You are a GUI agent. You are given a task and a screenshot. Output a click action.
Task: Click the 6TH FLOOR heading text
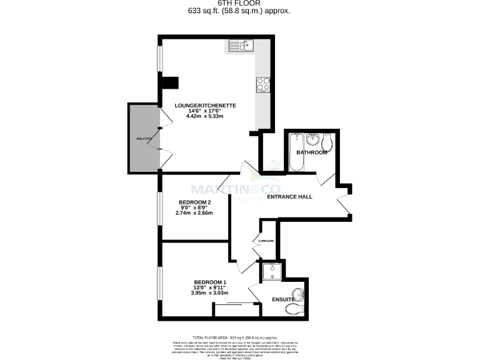[239, 3]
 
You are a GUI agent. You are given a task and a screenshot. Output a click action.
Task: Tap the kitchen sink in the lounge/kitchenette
[239, 45]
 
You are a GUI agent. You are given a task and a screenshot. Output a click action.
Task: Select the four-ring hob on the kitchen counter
[262, 84]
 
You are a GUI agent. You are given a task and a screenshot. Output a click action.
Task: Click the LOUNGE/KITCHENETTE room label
[197, 106]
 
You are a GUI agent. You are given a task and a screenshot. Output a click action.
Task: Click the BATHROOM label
[312, 152]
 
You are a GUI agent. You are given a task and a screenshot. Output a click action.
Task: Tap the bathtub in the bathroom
[295, 152]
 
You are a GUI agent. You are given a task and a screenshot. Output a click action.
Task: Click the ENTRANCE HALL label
[289, 197]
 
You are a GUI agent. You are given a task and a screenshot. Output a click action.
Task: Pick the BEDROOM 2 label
[195, 202]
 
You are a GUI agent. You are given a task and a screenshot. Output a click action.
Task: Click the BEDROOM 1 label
[210, 282]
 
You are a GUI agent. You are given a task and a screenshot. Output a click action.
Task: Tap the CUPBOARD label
[266, 241]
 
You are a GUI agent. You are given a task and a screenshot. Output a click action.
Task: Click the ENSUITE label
[283, 300]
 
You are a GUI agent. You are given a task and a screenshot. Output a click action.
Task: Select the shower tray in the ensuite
[272, 271]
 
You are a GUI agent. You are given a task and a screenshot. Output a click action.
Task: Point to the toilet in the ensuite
[292, 309]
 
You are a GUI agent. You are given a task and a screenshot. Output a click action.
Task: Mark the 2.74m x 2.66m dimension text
[194, 212]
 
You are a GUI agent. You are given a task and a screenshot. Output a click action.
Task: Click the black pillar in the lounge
[170, 83]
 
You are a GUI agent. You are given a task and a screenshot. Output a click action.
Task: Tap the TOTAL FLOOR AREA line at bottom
[239, 336]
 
